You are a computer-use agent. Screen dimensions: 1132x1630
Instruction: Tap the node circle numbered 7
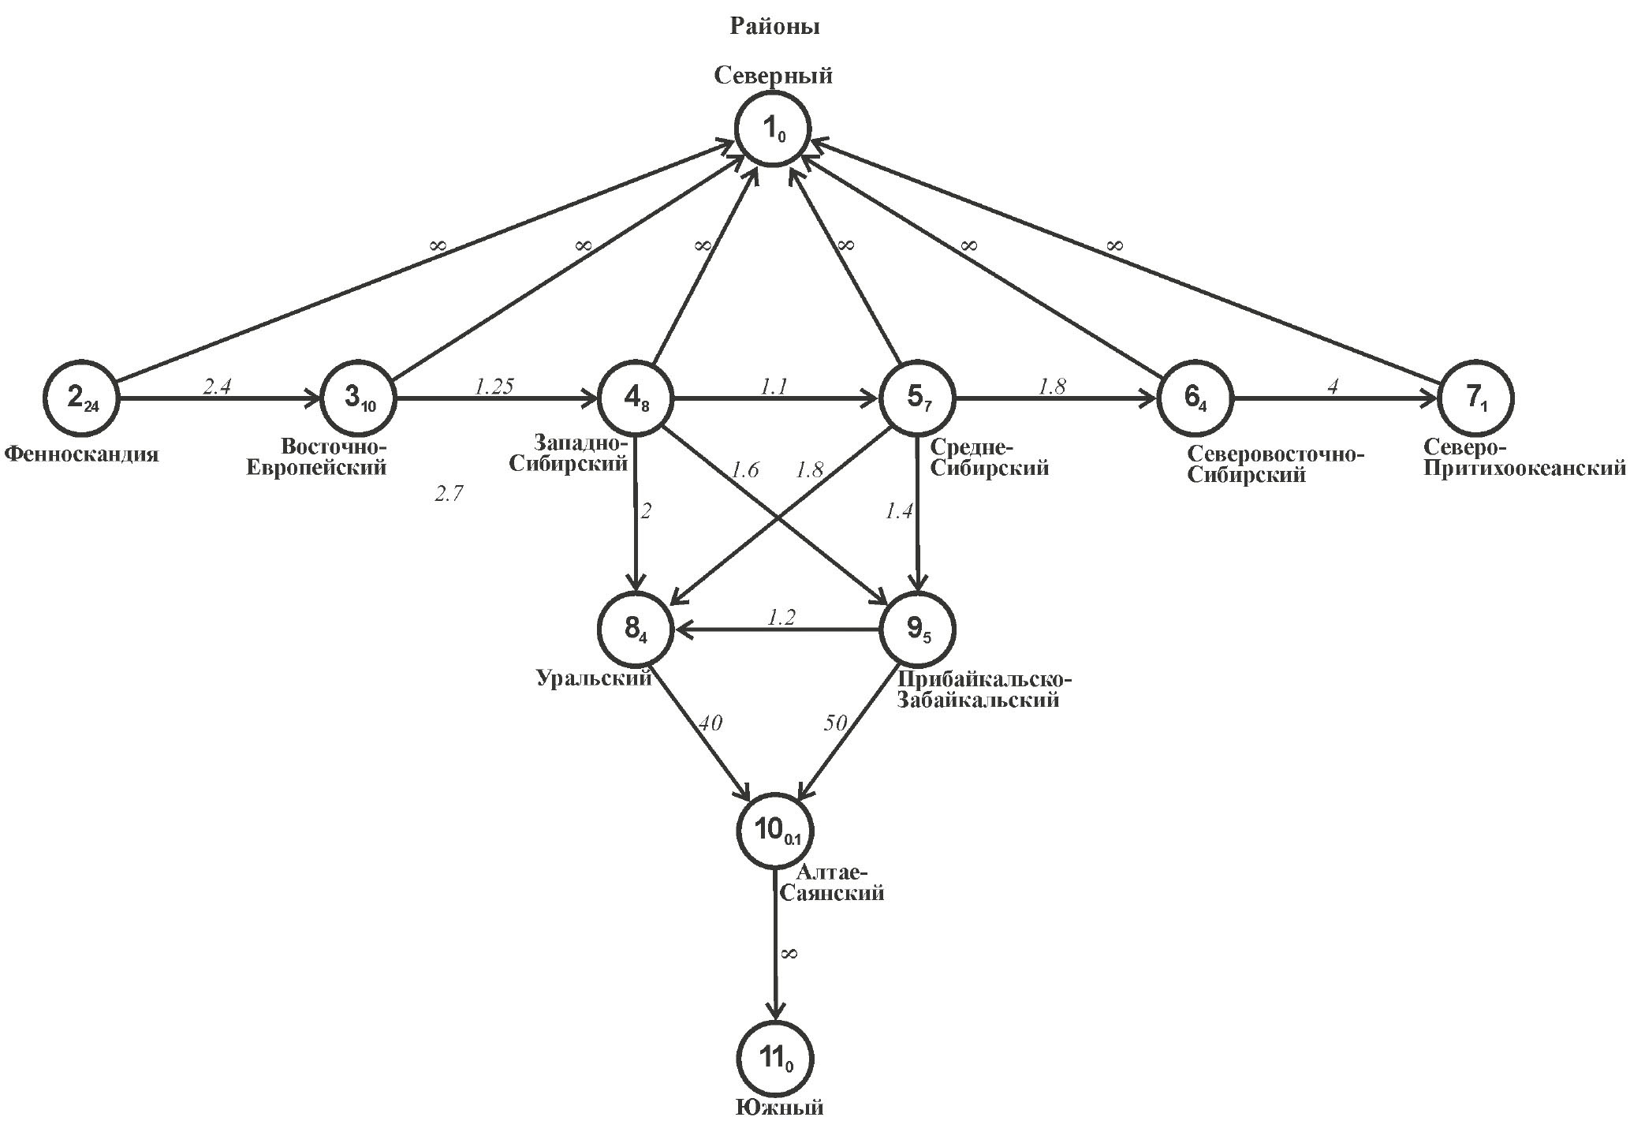click(1475, 398)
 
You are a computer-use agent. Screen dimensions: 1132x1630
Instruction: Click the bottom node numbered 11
click(776, 1059)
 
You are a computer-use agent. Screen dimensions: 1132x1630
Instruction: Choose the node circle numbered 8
click(637, 630)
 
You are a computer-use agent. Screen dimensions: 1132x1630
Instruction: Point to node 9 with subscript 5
click(917, 630)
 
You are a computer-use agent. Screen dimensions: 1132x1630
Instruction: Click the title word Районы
click(774, 27)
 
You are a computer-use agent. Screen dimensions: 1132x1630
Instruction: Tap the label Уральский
click(594, 678)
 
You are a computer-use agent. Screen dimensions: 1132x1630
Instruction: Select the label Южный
click(780, 1108)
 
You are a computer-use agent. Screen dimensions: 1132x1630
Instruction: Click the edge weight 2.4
click(217, 387)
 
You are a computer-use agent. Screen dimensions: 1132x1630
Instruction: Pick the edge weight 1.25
click(494, 387)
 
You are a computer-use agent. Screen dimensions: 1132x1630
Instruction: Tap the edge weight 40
click(710, 723)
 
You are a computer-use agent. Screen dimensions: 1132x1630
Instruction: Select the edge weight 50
click(836, 723)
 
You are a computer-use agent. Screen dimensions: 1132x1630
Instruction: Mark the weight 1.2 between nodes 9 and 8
click(781, 617)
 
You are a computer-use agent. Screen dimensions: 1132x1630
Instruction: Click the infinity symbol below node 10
click(789, 954)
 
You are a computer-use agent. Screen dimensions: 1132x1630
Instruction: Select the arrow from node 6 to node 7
click(1333, 399)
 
